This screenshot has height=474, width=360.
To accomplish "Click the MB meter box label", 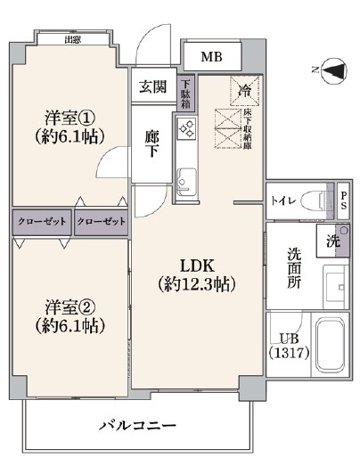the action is pos(211,56).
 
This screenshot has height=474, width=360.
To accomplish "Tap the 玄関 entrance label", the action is pos(153,86).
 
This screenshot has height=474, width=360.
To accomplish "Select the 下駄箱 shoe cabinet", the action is pos(186,93).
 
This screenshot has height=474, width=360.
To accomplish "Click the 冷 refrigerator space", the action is pos(245,90).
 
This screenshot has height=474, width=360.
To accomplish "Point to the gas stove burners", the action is pos(186,128).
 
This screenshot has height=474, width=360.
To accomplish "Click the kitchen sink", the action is pos(186,182).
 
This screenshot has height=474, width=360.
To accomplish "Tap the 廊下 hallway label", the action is pos(151,145).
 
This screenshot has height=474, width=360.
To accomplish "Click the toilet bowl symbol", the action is pos(315,200).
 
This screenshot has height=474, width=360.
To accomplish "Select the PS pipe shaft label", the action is pos(344,200).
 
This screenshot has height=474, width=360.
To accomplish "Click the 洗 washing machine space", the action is pos(333,241).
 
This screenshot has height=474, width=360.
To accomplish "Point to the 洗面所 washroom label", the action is pos(294,268).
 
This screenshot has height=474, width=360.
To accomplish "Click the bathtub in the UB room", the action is pos(330,345).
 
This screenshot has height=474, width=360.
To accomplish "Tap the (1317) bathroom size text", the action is pos(290,353).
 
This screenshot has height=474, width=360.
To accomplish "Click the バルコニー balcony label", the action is pos(137,426).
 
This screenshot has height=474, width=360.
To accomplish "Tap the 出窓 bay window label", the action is pos(72,39).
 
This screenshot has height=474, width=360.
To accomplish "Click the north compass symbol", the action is pos(333,71).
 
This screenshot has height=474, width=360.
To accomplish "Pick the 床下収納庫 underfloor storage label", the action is pos(248,129).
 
